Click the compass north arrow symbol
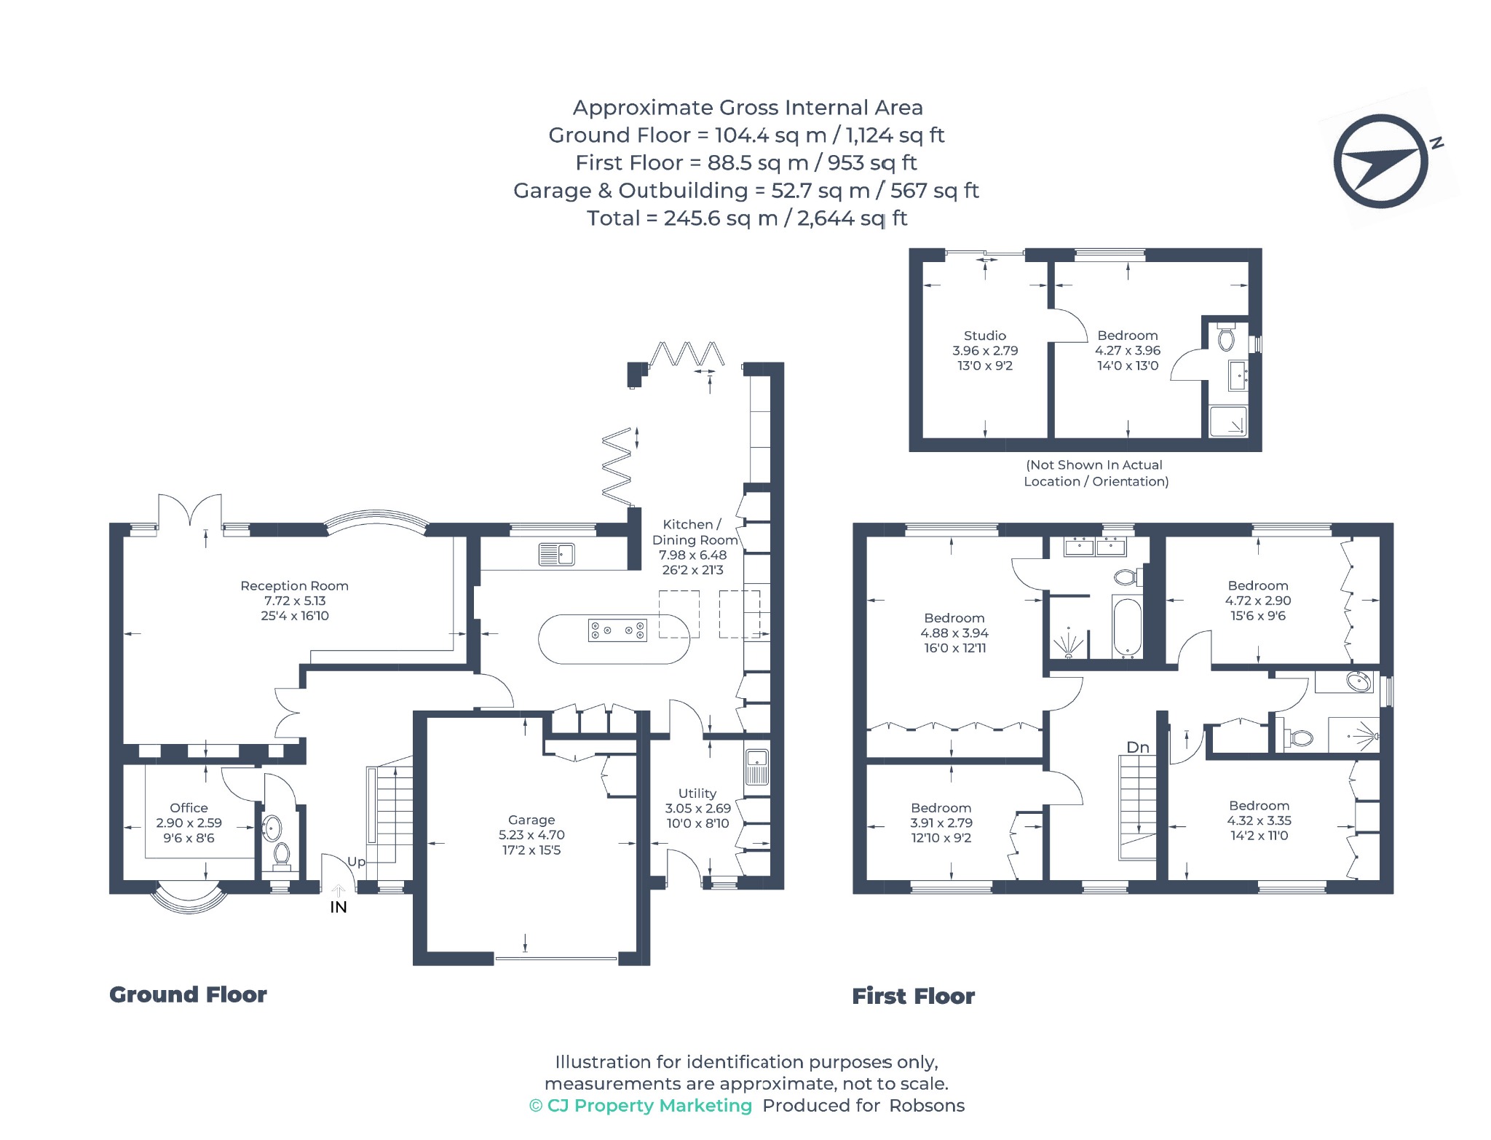1381,162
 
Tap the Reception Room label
294,586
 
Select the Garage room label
531,820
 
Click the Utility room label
697,793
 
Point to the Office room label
189,808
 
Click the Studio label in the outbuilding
984,336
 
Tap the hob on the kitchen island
617,630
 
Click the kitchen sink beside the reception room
557,555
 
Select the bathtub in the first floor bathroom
1127,628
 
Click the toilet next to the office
281,855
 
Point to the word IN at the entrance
339,907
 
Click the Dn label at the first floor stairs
1138,748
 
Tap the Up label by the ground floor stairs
356,862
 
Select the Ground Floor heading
188,994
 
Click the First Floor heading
913,996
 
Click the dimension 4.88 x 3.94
954,633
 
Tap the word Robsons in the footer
927,1106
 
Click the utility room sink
757,766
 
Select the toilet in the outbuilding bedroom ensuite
1227,339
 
